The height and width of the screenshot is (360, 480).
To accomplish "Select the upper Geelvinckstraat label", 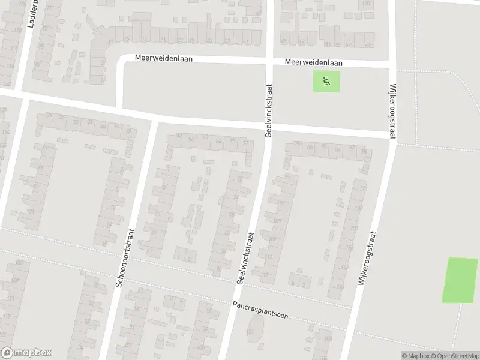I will [268, 109].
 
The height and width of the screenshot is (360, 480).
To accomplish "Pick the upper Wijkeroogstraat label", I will [393, 111].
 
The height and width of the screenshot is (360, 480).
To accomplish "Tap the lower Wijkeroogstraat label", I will [368, 262].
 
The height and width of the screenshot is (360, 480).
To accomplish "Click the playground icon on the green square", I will [326, 82].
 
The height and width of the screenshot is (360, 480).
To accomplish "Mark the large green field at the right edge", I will [460, 280].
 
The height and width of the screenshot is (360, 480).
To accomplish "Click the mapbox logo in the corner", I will [26, 353].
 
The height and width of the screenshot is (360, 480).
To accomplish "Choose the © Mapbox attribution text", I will [413, 356].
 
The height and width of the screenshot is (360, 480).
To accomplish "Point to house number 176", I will [362, 189].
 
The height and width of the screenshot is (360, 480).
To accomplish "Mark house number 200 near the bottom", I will [328, 339].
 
